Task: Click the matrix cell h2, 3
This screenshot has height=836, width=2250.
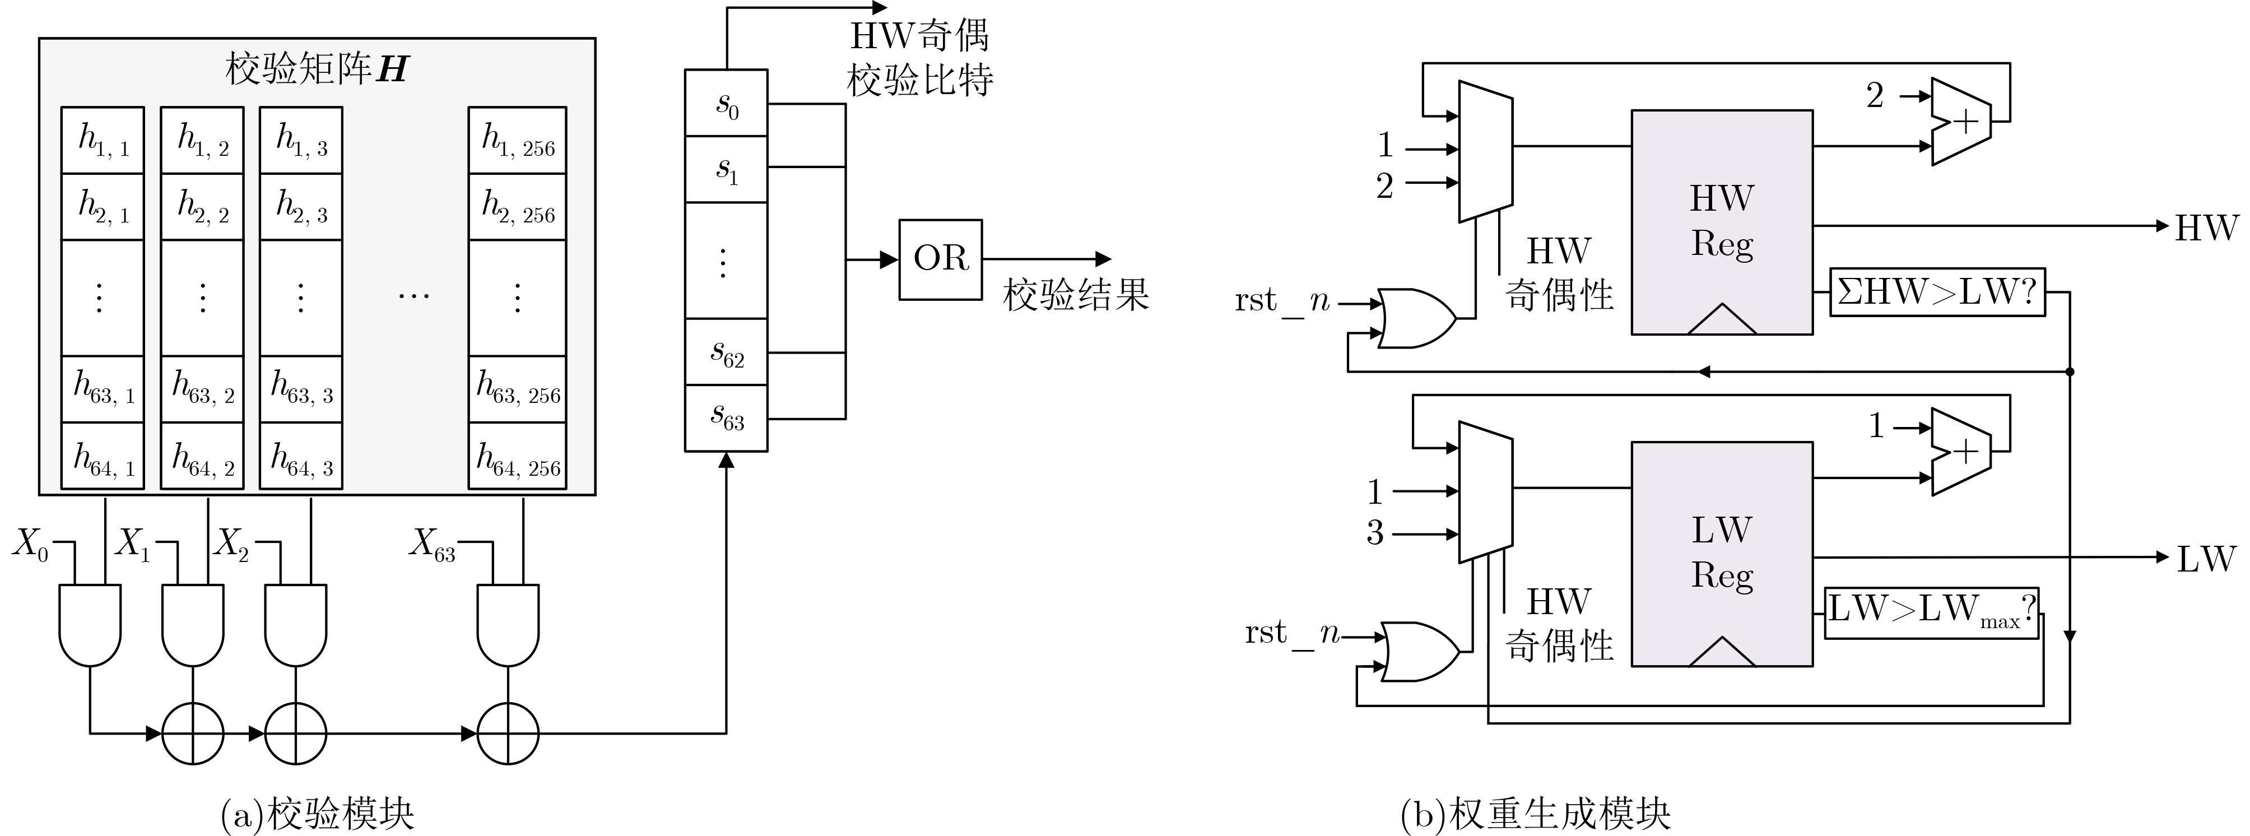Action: [x=300, y=206]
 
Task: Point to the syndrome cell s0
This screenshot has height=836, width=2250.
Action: [x=726, y=103]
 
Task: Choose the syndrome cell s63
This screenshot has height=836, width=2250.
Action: [x=726, y=417]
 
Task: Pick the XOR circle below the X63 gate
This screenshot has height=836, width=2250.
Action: [x=508, y=734]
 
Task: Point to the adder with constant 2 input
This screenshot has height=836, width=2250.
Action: [x=1960, y=122]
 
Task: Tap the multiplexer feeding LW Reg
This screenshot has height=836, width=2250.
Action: [x=1485, y=493]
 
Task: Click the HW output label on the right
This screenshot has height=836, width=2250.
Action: [x=2205, y=228]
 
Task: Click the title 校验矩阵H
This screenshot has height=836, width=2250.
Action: [x=316, y=69]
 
